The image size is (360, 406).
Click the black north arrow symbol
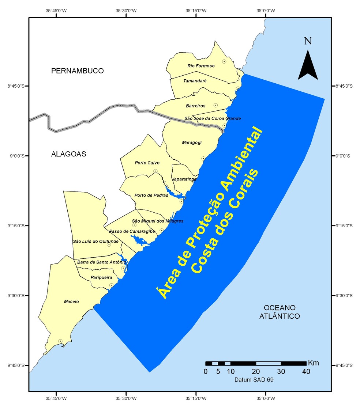pos(308,65)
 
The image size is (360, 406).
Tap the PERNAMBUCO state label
pos(78,71)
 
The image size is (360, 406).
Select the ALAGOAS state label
pos(68,154)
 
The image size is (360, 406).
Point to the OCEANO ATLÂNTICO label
pos(280,312)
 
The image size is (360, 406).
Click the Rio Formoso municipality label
pos(201,66)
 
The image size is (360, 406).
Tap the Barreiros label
pos(196,106)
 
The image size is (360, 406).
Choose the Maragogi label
pos(192,143)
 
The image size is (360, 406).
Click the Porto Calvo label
pos(147,163)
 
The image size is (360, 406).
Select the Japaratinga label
pos(184,179)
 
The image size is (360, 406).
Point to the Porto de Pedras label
pos(151,195)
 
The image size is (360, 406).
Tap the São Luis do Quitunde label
pos(95,242)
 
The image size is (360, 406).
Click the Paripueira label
pos(101,278)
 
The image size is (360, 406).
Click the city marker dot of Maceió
pos(60,341)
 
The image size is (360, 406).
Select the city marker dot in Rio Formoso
pos(224,61)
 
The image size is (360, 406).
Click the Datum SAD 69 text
pos(254,380)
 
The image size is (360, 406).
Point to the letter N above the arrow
pos(308,41)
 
